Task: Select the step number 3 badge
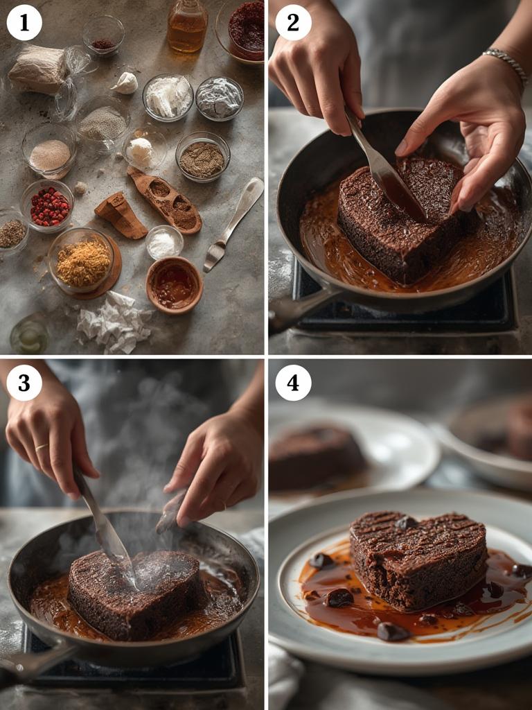tap(24, 383)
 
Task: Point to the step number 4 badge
tap(293, 383)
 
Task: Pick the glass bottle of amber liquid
tap(187, 26)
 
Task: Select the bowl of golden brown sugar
tap(82, 261)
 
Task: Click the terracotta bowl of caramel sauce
tap(174, 284)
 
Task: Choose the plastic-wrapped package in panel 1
tap(40, 69)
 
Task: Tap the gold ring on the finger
tap(42, 447)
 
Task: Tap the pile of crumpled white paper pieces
tap(114, 322)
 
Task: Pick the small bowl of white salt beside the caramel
tap(164, 243)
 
